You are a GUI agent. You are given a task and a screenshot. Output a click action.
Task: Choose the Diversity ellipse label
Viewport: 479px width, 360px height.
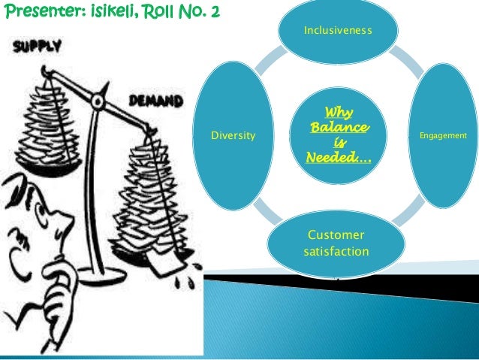tap(233, 136)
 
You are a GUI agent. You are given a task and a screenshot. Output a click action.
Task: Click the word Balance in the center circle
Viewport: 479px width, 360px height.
tap(339, 129)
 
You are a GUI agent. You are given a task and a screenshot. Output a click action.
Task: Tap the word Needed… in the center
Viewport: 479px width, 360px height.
tap(337, 158)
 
